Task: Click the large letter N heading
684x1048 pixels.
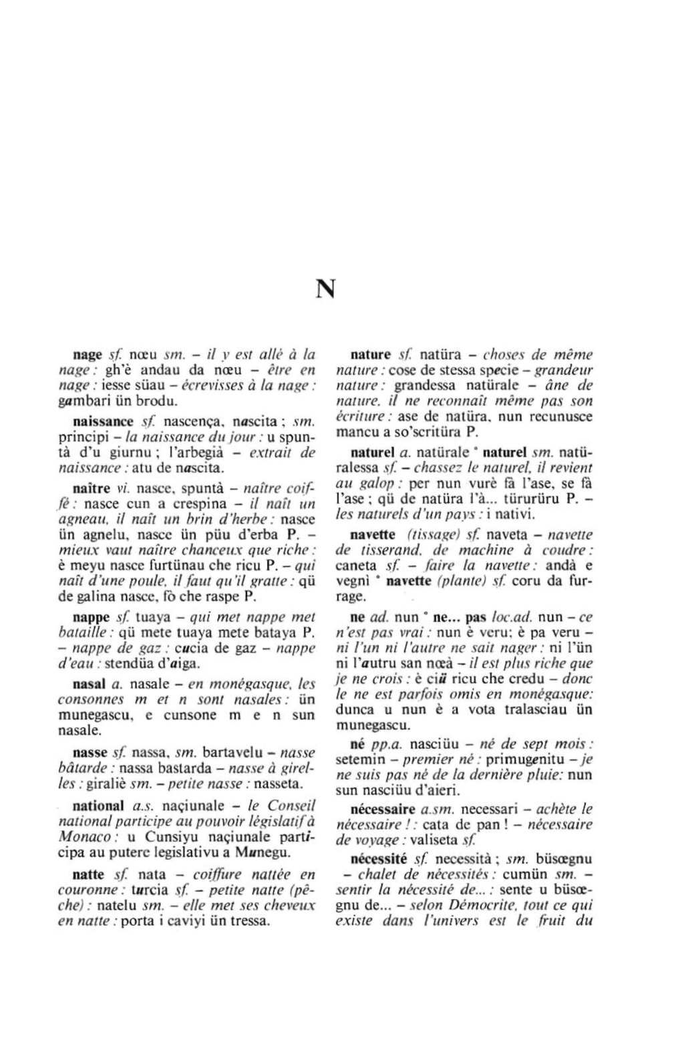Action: point(325,289)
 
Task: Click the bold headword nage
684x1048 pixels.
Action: point(87,355)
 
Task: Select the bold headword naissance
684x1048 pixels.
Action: point(103,421)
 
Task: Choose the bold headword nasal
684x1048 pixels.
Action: point(88,684)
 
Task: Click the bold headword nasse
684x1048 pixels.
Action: point(90,753)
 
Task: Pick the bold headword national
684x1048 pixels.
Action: point(98,806)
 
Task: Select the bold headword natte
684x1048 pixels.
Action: point(88,874)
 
